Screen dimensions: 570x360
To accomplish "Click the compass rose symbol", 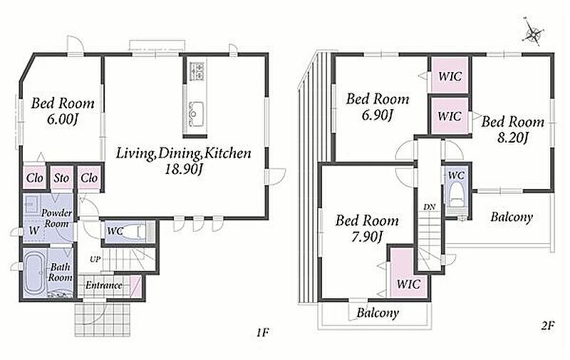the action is coord(534,33).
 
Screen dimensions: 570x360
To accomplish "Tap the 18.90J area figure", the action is coord(183,169).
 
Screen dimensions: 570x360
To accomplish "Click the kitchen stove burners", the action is coord(197,71).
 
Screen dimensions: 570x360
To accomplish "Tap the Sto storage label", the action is coord(61,178).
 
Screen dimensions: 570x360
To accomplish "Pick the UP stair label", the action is coord(95,259).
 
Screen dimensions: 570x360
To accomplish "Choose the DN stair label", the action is coord(430,207).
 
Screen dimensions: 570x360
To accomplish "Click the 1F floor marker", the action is coord(262,332).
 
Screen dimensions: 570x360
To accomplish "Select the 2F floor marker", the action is coord(548,325).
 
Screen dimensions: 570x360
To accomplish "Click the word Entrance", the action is coord(103,285).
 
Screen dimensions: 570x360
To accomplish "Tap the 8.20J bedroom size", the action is coord(512,138).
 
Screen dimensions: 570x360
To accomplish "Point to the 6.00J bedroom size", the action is coord(63,119).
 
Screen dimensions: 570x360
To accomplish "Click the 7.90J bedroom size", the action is coord(366,237).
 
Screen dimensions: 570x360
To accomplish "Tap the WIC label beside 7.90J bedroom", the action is coord(408,284).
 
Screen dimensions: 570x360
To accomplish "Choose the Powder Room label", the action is coord(56,218).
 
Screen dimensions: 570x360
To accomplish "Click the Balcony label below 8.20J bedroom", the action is coord(512,217).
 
